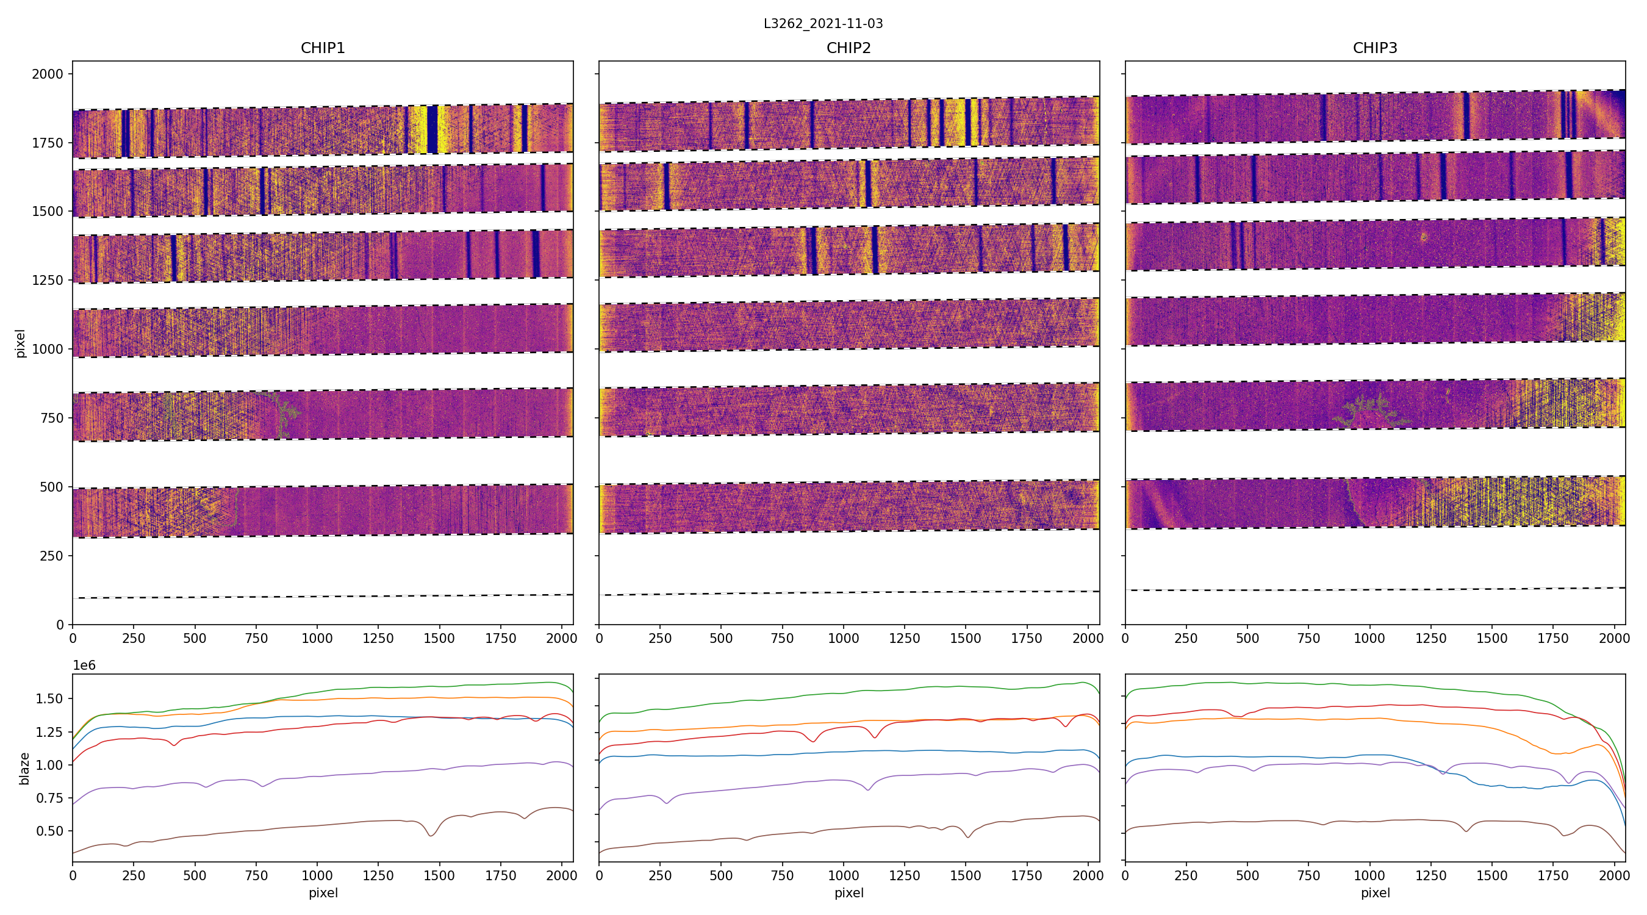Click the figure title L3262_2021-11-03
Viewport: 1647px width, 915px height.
pyautogui.click(x=823, y=24)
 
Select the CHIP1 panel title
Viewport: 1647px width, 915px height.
pyautogui.click(x=323, y=48)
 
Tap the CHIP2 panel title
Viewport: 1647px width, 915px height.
pyautogui.click(x=849, y=48)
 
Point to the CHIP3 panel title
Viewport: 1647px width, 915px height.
pyautogui.click(x=1374, y=48)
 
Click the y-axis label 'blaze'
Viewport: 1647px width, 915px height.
pyautogui.click(x=24, y=768)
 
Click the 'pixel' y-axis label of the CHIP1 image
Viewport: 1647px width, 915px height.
pyautogui.click(x=21, y=343)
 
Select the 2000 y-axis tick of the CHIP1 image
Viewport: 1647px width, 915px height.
pyautogui.click(x=48, y=74)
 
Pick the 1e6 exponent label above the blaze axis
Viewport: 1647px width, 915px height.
pyautogui.click(x=84, y=666)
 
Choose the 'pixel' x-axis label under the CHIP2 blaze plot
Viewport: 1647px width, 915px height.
pyautogui.click(x=849, y=892)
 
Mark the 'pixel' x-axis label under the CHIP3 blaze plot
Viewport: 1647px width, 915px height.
pyautogui.click(x=1374, y=892)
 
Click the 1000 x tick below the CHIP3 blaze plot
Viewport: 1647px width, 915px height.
pyautogui.click(x=1369, y=875)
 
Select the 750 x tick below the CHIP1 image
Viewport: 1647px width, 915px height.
pyautogui.click(x=256, y=638)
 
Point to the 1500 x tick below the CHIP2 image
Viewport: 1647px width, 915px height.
pyautogui.click(x=966, y=638)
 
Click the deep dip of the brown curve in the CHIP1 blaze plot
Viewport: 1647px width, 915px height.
pyautogui.click(x=431, y=834)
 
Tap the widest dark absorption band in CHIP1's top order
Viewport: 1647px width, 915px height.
pyautogui.click(x=432, y=129)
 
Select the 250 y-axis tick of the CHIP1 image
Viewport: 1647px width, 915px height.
pyautogui.click(x=52, y=556)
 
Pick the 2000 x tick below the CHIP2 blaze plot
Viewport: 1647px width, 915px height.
pyautogui.click(x=1088, y=875)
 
